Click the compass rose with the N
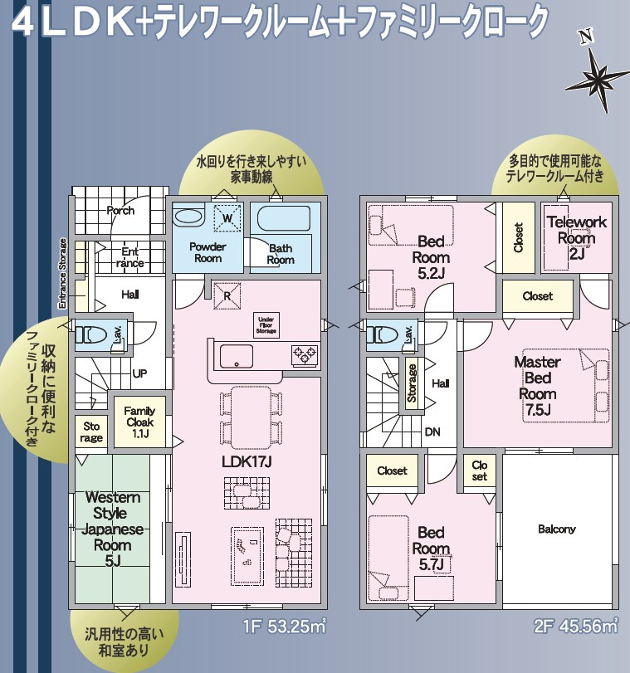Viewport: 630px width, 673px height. tap(597, 72)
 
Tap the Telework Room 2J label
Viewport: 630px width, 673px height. tap(577, 238)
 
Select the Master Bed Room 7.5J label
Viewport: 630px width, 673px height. tap(537, 386)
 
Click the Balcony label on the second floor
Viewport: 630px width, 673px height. tap(556, 529)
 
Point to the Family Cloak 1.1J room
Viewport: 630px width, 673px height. tap(139, 422)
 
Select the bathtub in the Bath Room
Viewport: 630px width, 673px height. tap(281, 220)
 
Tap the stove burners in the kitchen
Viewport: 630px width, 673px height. tap(304, 355)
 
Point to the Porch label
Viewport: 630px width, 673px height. tap(120, 211)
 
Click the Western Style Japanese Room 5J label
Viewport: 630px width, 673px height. tap(113, 529)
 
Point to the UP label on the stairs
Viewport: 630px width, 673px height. tap(139, 373)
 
